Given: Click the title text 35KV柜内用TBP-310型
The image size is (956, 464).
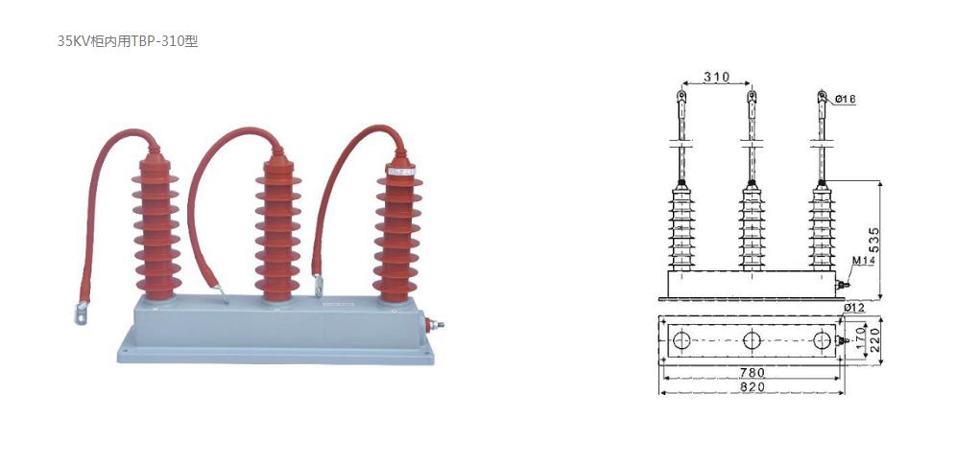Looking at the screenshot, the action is pyautogui.click(x=128, y=41).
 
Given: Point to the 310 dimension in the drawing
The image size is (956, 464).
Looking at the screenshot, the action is pyautogui.click(x=716, y=77).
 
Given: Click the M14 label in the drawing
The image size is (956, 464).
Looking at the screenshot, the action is pyautogui.click(x=863, y=260).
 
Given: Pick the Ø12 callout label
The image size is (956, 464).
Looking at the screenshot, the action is pyautogui.click(x=854, y=308).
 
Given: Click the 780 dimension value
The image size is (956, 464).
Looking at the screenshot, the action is pyautogui.click(x=752, y=371).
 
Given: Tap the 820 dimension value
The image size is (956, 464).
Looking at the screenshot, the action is pyautogui.click(x=752, y=386).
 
